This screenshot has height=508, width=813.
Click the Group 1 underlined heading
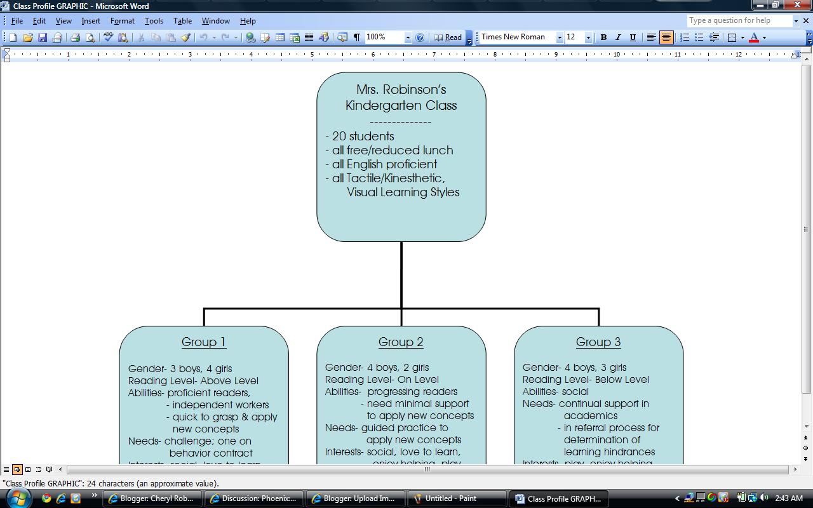point(204,342)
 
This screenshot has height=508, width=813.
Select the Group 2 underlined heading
point(401,342)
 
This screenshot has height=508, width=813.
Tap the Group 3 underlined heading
point(598,342)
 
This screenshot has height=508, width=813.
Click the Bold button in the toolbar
point(603,37)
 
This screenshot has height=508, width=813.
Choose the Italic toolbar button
point(618,37)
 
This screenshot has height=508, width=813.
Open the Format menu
point(122,21)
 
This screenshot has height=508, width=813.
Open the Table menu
point(182,21)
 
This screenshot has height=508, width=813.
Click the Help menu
point(248,21)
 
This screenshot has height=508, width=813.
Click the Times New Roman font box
point(517,37)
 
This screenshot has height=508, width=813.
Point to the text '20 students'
point(363,137)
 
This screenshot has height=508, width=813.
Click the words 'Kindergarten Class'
point(401,105)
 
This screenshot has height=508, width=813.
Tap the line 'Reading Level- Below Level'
point(586,380)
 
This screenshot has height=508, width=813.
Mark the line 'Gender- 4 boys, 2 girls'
point(377,368)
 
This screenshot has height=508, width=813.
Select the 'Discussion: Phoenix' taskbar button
point(253,498)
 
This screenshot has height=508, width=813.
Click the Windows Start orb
point(18,498)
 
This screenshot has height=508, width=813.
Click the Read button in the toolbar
point(448,37)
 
